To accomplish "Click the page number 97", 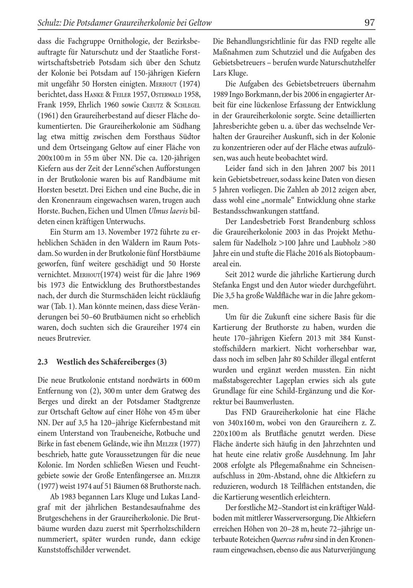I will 370,23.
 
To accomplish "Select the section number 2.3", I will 43,362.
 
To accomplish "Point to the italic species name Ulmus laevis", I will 168,211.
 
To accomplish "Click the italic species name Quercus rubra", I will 292,539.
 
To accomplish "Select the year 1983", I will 72,496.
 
